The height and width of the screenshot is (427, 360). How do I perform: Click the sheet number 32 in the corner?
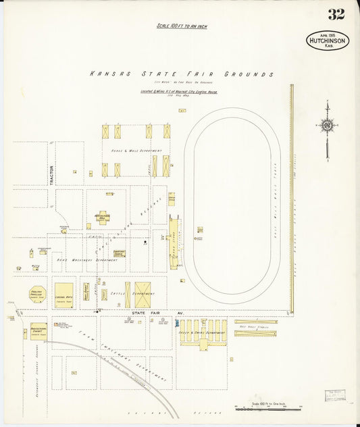coord(336,15)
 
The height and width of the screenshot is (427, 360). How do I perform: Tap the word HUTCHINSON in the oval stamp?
coord(328,41)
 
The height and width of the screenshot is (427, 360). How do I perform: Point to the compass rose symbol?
coord(328,125)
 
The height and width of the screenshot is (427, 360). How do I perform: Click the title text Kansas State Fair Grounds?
coord(182,74)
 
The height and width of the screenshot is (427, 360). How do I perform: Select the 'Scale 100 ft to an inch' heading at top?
coord(182,26)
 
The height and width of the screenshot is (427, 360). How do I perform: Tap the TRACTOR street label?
coord(51,174)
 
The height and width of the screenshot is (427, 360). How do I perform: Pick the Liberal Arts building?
coord(64,295)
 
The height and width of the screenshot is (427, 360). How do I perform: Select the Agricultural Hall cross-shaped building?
coord(103,217)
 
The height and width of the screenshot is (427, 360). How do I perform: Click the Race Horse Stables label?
coord(255,326)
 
